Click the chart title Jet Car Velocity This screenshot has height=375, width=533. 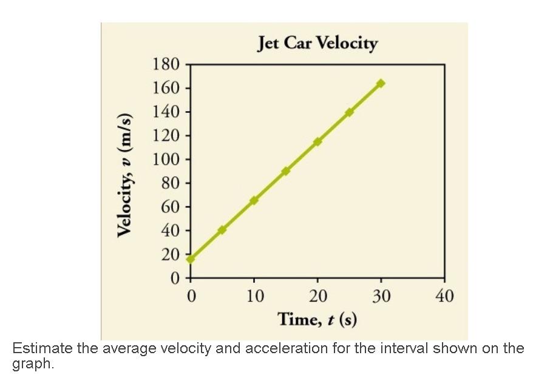(x=317, y=44)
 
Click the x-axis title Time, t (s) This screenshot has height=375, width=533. (x=317, y=318)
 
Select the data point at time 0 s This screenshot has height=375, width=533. (x=191, y=259)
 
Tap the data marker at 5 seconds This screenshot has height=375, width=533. (x=222, y=230)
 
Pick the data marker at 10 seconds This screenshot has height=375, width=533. (x=254, y=200)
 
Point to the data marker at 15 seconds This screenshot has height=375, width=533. (x=286, y=171)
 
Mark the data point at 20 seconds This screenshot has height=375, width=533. (x=317, y=141)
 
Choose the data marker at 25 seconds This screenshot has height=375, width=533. (x=349, y=112)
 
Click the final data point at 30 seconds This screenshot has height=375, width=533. (x=381, y=83)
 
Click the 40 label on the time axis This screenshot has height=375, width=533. (x=444, y=296)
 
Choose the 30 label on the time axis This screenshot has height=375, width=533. (x=381, y=296)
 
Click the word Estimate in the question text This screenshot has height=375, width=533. (x=41, y=349)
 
